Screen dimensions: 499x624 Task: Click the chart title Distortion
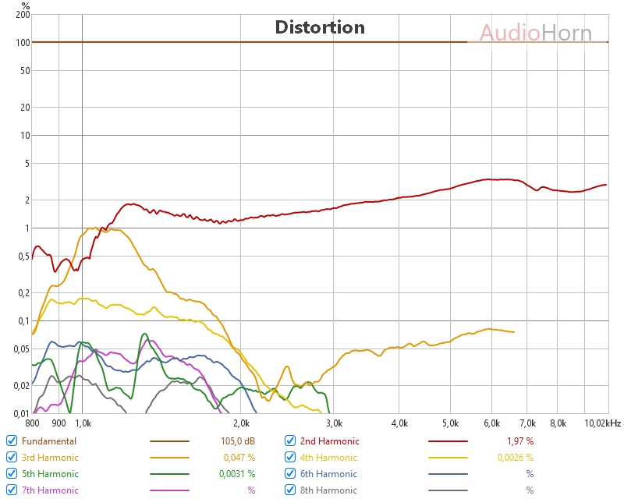(320, 27)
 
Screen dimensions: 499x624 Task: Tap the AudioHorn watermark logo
(535, 33)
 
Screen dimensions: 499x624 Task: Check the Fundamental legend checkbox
(12, 441)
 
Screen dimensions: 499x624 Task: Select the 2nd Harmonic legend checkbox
(290, 441)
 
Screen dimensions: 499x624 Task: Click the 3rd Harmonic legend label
(50, 458)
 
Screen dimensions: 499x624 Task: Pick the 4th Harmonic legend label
(328, 458)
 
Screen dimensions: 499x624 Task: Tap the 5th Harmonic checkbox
(12, 473)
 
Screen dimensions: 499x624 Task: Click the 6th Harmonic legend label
(328, 473)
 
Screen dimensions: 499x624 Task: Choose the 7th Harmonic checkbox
(12, 490)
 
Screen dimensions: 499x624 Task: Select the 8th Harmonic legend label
(328, 490)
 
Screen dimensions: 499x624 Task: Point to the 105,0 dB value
(238, 441)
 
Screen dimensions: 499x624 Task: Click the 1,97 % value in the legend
(516, 441)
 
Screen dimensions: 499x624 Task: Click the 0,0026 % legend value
(515, 458)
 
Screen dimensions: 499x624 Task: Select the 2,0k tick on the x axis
(241, 423)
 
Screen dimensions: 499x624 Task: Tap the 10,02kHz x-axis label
(601, 423)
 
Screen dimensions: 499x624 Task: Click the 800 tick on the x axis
(32, 423)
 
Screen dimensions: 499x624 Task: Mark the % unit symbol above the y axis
(26, 5)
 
